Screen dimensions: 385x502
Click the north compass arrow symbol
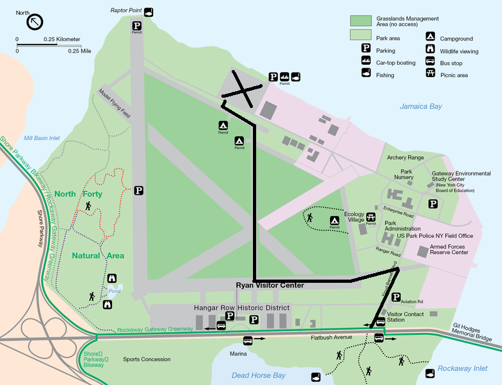coord(35,22)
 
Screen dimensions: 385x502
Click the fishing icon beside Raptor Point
coord(149,12)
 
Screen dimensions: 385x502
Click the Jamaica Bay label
coord(422,106)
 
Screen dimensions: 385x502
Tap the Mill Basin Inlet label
coord(42,138)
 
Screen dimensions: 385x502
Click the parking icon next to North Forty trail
coord(138,190)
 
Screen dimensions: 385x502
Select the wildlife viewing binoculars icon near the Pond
coord(113,278)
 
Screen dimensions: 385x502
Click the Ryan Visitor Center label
coord(270,285)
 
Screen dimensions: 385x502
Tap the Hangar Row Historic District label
coord(242,308)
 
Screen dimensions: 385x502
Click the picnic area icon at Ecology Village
coord(371,217)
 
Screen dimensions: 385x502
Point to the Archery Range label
coord(405,157)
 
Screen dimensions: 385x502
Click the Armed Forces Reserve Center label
coord(449,249)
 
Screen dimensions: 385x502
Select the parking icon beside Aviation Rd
coord(396,296)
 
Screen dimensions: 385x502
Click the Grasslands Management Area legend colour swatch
coord(360,21)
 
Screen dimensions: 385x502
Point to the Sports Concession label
coord(147,359)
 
